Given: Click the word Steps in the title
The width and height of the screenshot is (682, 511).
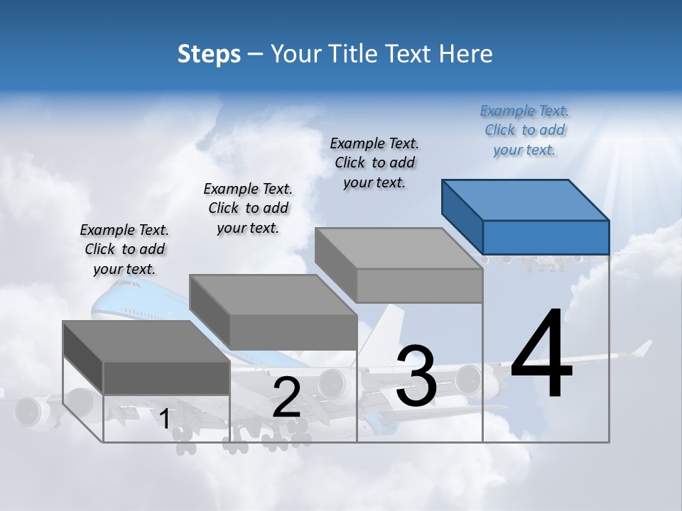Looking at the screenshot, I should tap(209, 54).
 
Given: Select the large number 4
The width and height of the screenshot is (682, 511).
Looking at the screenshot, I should tap(541, 355).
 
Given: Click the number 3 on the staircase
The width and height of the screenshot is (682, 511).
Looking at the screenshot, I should tap(416, 375).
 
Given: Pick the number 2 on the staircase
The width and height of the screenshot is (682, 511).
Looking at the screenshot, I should tap(286, 397).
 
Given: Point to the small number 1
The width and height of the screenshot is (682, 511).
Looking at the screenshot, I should tap(165, 419).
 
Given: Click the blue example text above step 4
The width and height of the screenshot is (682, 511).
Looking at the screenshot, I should tap(524, 130).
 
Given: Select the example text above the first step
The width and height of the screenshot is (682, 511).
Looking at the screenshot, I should tap(124, 249).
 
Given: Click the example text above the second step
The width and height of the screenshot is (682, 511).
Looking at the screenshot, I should tap(248, 208).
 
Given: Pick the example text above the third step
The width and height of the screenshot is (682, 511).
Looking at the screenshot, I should tap(374, 163).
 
